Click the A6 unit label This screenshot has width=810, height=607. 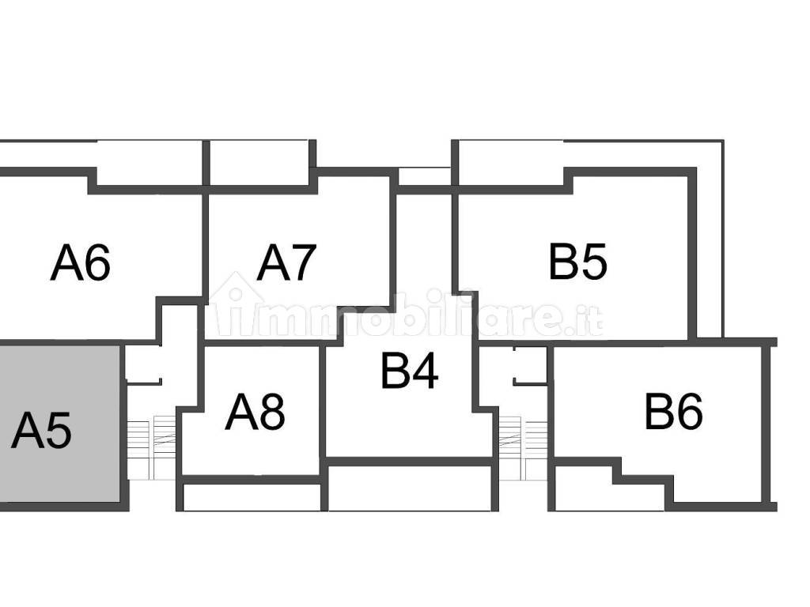pyautogui.click(x=80, y=263)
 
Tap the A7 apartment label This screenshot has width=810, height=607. pyautogui.click(x=286, y=263)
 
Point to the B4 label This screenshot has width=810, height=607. pyautogui.click(x=409, y=371)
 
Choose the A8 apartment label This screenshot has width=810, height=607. pyautogui.click(x=255, y=412)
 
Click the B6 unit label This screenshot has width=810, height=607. pyautogui.click(x=673, y=412)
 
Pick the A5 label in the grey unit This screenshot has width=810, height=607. pyautogui.click(x=41, y=431)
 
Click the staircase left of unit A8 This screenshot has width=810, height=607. pyautogui.click(x=151, y=448)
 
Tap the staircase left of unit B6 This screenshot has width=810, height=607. pyautogui.click(x=522, y=448)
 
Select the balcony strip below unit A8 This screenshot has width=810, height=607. pyautogui.click(x=252, y=497)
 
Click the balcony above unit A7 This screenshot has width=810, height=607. pyautogui.click(x=259, y=162)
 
